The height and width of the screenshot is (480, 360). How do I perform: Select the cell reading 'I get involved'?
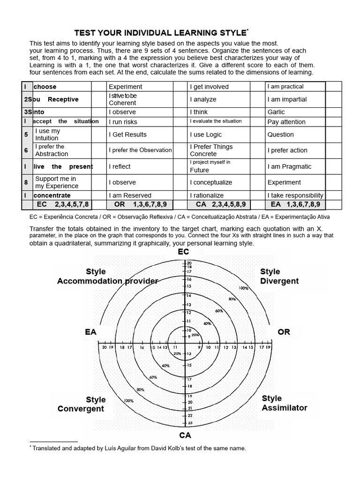pyautogui.click(x=209, y=87)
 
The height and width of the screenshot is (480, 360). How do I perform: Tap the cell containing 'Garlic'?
pyautogui.click(x=276, y=112)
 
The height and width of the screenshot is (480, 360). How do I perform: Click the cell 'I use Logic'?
pyautogui.click(x=206, y=135)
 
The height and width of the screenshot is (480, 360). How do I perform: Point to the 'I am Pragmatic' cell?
pyautogui.click(x=289, y=166)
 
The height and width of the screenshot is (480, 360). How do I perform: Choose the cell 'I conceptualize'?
pyautogui.click(x=211, y=182)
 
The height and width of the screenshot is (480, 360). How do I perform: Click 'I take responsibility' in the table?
pyautogui.click(x=295, y=195)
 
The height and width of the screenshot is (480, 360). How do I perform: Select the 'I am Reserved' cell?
pyautogui.click(x=130, y=195)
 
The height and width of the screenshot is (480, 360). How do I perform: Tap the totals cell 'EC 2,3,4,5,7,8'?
pyautogui.click(x=62, y=204)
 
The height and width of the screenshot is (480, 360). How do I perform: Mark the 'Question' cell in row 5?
pyautogui.click(x=280, y=135)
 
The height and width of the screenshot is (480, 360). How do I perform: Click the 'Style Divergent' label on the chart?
pyautogui.click(x=279, y=277)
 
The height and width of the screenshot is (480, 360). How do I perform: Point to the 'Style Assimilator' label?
pyautogui.click(x=284, y=403)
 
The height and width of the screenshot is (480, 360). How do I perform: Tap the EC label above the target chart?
pyautogui.click(x=183, y=252)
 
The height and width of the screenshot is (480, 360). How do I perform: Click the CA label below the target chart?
pyautogui.click(x=185, y=435)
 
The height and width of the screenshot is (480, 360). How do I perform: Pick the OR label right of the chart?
pyautogui.click(x=284, y=332)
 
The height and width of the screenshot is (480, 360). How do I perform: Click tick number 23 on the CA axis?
pyautogui.click(x=189, y=423)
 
